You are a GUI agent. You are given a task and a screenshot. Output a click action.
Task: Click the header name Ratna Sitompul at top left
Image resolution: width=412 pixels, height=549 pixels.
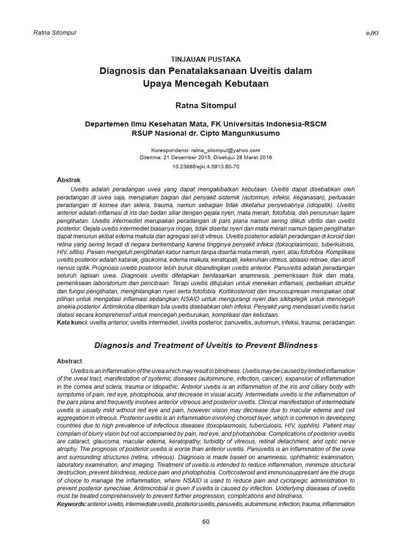click(x=54, y=33)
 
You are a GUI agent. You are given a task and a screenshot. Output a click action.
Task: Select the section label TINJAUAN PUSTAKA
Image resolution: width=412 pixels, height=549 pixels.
click(x=205, y=60)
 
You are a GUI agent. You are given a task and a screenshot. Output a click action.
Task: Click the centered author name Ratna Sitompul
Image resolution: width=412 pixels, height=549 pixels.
click(x=205, y=105)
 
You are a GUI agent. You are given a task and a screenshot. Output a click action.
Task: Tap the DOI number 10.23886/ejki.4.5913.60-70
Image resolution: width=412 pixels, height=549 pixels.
click(x=205, y=167)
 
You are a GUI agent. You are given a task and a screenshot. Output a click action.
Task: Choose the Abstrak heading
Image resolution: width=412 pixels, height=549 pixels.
click(x=69, y=180)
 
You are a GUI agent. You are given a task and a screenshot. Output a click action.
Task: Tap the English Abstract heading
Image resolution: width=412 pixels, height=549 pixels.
click(x=70, y=362)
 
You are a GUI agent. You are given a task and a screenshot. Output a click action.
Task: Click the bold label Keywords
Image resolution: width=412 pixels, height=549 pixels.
click(x=71, y=505)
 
